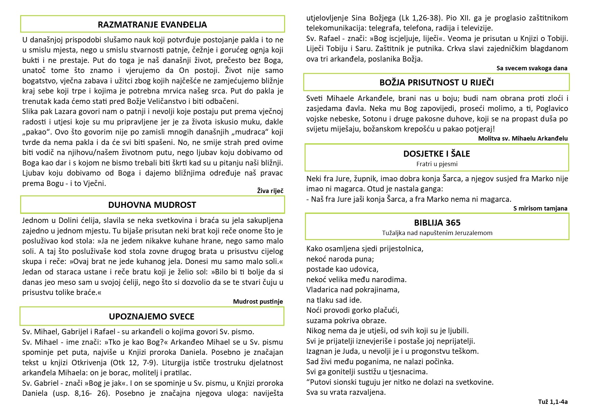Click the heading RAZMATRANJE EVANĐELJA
tap(152, 25)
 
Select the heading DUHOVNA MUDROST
tap(152, 205)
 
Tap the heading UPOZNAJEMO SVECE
tap(152, 316)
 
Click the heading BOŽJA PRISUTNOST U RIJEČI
tap(437, 82)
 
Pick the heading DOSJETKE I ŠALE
tap(437, 154)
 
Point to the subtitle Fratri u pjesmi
tap(437, 164)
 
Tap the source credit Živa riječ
tap(270, 191)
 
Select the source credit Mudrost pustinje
tap(258, 301)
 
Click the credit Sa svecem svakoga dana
tap(532, 68)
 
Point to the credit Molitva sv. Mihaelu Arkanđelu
tap(523, 138)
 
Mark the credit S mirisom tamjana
tap(540, 208)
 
